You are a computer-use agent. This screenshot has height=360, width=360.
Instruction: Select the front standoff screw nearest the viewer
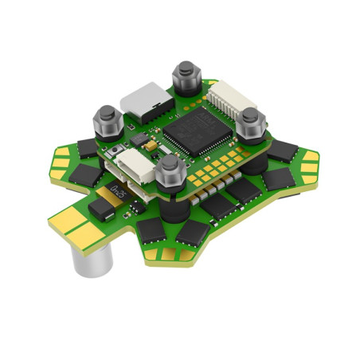pyautogui.click(x=169, y=169)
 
